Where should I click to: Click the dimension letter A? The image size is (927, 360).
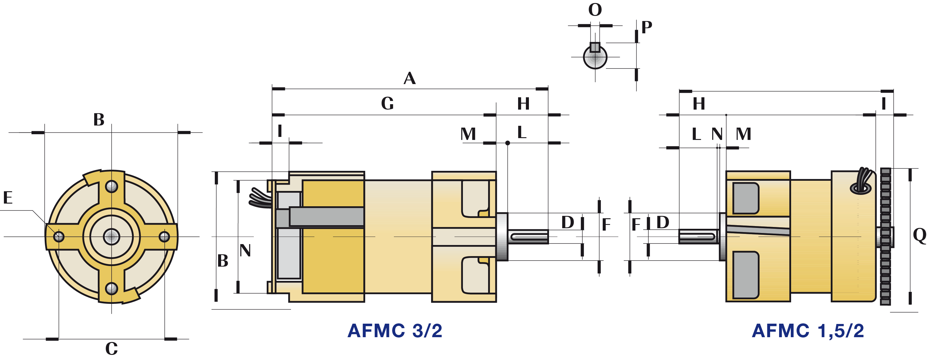(409, 78)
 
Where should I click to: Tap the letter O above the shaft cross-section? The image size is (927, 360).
(595, 10)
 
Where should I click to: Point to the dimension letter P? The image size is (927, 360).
(647, 27)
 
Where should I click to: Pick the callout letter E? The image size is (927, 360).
(8, 198)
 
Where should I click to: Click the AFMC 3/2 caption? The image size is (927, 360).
(395, 331)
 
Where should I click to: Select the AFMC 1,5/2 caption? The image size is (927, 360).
(808, 331)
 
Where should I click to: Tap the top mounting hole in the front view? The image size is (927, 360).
(112, 186)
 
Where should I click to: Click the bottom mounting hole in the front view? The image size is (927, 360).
(112, 288)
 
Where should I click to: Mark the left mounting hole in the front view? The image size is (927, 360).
(59, 237)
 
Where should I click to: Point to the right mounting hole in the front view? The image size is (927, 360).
(164, 237)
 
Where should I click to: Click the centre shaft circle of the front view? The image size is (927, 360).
(112, 237)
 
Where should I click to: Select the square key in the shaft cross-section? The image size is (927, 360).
(595, 47)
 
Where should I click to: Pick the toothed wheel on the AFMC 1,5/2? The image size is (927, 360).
(886, 237)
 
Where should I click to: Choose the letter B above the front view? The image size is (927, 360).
(99, 120)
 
